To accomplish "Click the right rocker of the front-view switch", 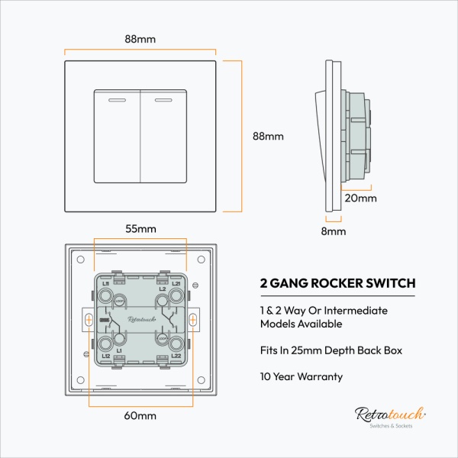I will click(x=164, y=137).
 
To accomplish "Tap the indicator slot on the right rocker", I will click(x=164, y=98).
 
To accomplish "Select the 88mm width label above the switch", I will click(x=140, y=40).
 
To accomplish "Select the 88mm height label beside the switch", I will click(x=268, y=137).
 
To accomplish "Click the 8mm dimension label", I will click(x=333, y=231).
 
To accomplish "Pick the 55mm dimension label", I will click(x=140, y=228).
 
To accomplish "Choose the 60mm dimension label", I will click(x=140, y=416).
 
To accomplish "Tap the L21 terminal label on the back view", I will click(x=176, y=284).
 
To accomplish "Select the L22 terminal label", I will click(x=176, y=356).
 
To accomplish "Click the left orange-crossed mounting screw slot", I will click(x=89, y=321).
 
